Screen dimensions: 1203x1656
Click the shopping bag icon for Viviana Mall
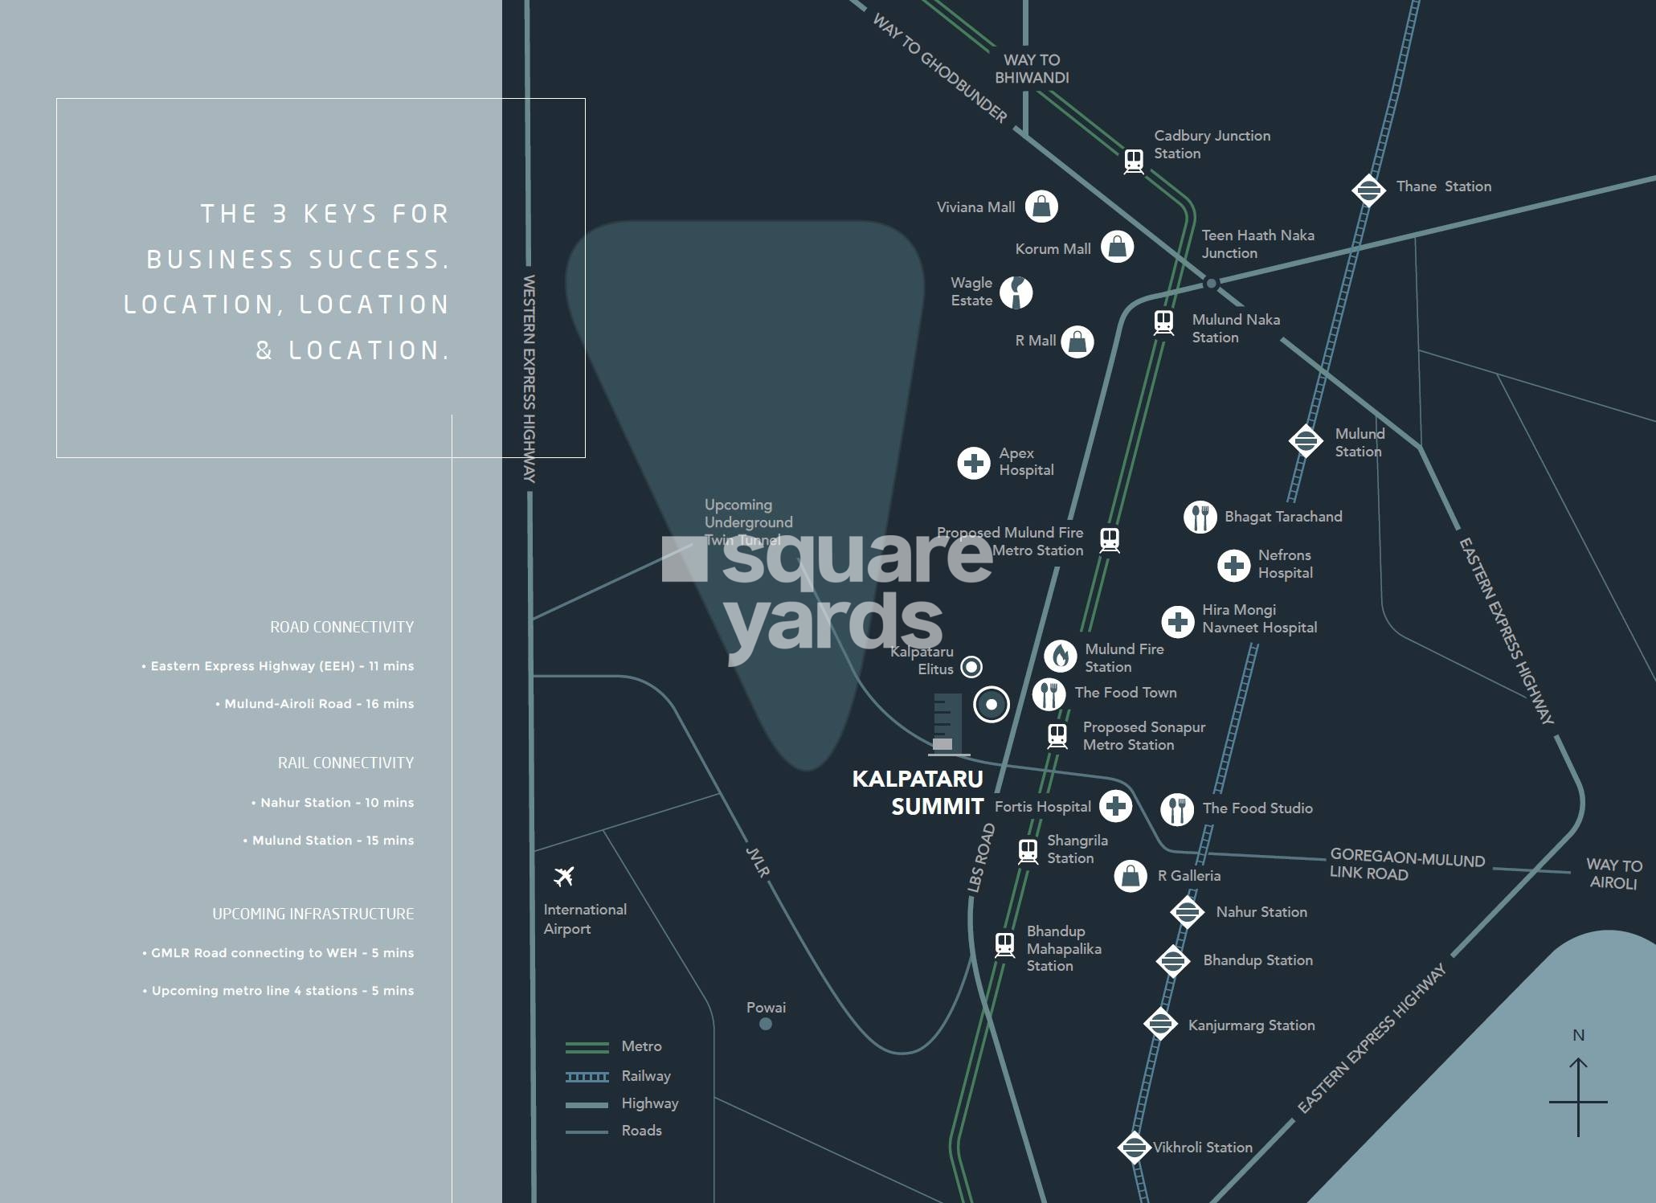[1041, 207]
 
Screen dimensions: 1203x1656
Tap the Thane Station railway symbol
[1368, 190]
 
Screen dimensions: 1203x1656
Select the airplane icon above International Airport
[564, 876]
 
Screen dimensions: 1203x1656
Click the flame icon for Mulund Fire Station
[1060, 657]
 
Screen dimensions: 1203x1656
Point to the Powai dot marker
[766, 1024]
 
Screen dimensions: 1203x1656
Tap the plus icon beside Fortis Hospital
[1115, 806]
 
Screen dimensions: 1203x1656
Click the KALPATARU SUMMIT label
[918, 792]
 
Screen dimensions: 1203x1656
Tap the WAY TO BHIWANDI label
[1032, 69]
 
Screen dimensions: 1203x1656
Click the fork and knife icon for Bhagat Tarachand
[1200, 517]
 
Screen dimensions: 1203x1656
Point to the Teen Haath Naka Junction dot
[1211, 283]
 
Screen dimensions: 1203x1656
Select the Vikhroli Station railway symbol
[1134, 1148]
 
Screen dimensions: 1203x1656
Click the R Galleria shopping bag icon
[1130, 876]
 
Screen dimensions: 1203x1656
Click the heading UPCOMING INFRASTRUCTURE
[313, 914]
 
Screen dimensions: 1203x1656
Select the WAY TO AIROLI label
[1613, 874]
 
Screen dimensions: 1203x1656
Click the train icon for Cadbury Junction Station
[1134, 161]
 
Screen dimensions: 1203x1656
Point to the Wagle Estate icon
[1016, 293]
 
